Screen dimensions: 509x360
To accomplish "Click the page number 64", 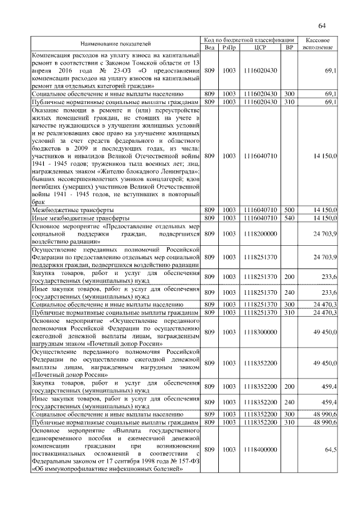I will pos(322,25).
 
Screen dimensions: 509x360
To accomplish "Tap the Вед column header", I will pos(209,47).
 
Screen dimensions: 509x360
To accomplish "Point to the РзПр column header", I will pos(229,47).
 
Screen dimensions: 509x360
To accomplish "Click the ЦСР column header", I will pos(260,47).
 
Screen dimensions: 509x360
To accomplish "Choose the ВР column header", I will pos(290,47).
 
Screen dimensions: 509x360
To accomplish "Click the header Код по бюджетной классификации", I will pos(249,40).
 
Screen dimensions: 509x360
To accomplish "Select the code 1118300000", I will pos(260,332).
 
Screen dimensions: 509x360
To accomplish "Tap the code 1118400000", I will pos(260,450).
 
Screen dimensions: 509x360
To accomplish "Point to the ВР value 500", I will pos(290,209).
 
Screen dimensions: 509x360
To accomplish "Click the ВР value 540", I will pos(290,217).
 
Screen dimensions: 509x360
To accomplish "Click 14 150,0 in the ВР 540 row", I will pos(325,217).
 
